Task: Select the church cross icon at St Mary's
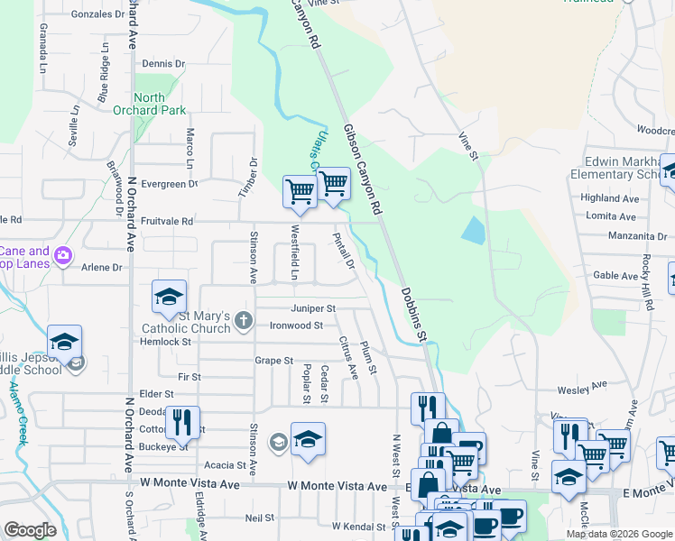pos(243,320)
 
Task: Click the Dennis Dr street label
pos(163,64)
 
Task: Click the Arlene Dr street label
pos(101,268)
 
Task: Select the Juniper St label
pos(314,308)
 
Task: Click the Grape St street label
pos(273,361)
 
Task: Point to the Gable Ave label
pos(616,276)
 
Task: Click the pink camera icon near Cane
pos(62,256)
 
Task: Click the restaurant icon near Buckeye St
pos(183,420)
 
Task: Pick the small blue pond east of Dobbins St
pos(473,230)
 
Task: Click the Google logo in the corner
pos(30,530)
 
